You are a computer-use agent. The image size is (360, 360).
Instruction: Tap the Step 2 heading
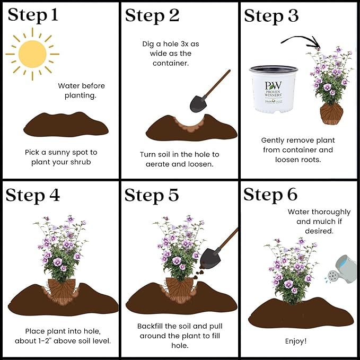click(152, 15)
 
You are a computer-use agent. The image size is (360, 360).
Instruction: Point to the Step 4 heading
click(33, 195)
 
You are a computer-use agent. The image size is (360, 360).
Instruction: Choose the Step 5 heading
click(152, 195)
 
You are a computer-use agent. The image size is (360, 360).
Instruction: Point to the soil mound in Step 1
click(66, 127)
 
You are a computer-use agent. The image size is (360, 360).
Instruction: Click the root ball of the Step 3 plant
click(331, 113)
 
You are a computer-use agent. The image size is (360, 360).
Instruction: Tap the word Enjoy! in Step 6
click(296, 340)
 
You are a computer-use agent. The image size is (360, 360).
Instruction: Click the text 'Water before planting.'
click(82, 91)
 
